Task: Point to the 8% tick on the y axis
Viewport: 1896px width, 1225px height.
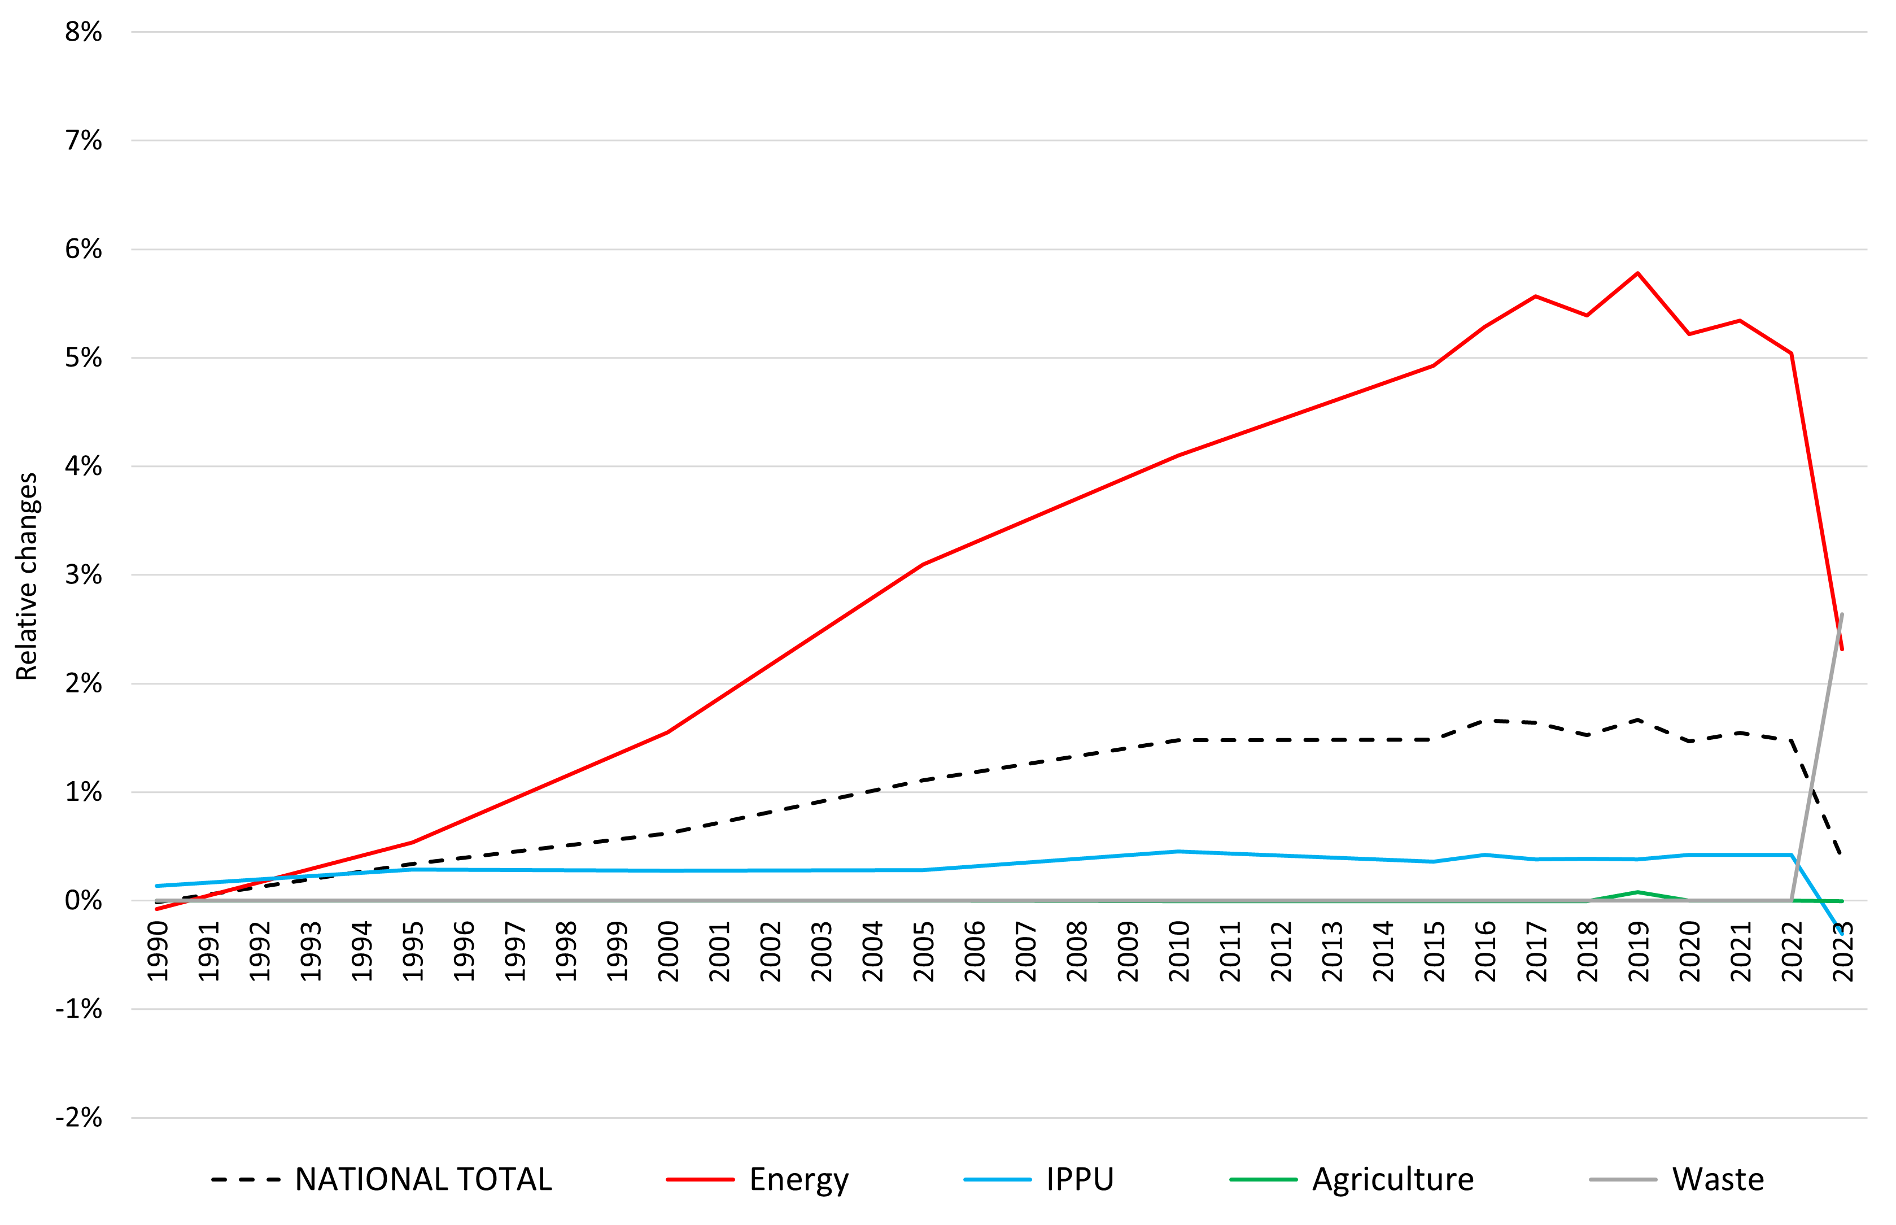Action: pyautogui.click(x=84, y=33)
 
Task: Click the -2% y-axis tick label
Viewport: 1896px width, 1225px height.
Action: pyautogui.click(x=80, y=1118)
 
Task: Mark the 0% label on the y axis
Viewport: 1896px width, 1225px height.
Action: pyautogui.click(x=84, y=901)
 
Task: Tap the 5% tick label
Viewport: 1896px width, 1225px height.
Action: pyautogui.click(x=84, y=358)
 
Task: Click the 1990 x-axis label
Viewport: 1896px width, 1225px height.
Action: pyautogui.click(x=158, y=951)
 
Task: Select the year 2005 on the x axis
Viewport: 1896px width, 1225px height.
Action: pyautogui.click(x=923, y=951)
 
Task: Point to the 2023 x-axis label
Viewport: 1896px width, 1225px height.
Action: pyautogui.click(x=1843, y=951)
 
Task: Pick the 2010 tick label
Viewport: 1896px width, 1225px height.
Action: pyautogui.click(x=1178, y=951)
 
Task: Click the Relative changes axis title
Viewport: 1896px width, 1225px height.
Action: pyautogui.click(x=27, y=577)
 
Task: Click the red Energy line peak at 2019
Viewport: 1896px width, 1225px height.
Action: pyautogui.click(x=1637, y=274)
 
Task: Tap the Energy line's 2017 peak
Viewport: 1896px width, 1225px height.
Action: pyautogui.click(x=1535, y=296)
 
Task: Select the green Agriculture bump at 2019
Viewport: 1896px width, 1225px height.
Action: pyautogui.click(x=1637, y=892)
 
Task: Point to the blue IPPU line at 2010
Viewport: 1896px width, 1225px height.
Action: pyautogui.click(x=1178, y=851)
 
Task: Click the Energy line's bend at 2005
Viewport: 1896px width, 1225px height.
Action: pyautogui.click(x=923, y=565)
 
